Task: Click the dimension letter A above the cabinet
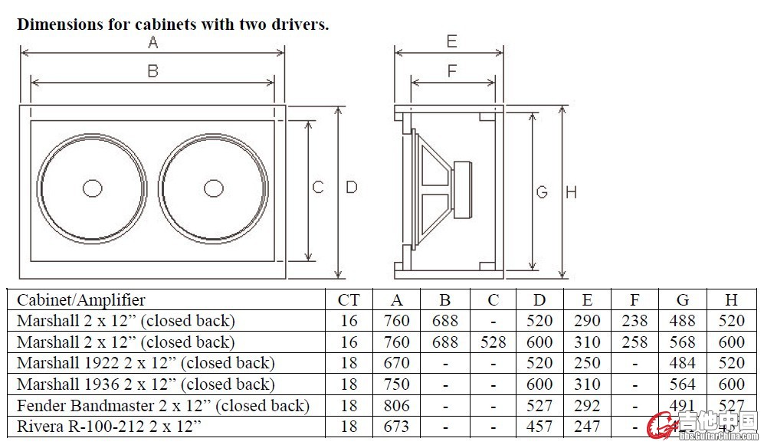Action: coord(152,43)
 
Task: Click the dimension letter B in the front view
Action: coord(152,71)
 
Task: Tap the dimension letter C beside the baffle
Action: coord(318,187)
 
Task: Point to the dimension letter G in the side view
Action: coord(542,191)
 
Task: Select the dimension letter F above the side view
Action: coord(452,71)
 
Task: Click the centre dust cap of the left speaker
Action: coord(93,188)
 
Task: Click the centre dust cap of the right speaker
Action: coord(215,188)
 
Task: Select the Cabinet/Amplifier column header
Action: coord(81,299)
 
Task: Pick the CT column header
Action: coord(348,299)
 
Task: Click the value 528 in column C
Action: coord(493,342)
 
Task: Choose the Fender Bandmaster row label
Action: coord(162,405)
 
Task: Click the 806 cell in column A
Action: coord(396,405)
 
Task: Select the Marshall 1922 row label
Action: coord(146,363)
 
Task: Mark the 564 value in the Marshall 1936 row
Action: coord(678,384)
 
